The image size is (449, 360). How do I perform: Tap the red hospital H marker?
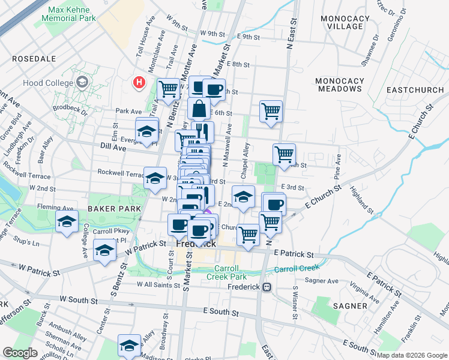tap(139, 82)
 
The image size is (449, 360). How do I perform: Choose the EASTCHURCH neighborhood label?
tap(415, 89)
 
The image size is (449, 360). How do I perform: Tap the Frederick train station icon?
tap(267, 287)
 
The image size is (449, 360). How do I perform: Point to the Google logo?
tap(20, 353)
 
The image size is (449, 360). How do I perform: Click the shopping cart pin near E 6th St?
tap(271, 111)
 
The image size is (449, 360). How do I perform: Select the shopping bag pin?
tap(199, 109)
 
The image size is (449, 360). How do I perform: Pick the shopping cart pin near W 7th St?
tap(169, 89)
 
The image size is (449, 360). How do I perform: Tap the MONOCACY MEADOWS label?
tap(346, 85)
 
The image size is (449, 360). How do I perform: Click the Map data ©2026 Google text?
tap(412, 355)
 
